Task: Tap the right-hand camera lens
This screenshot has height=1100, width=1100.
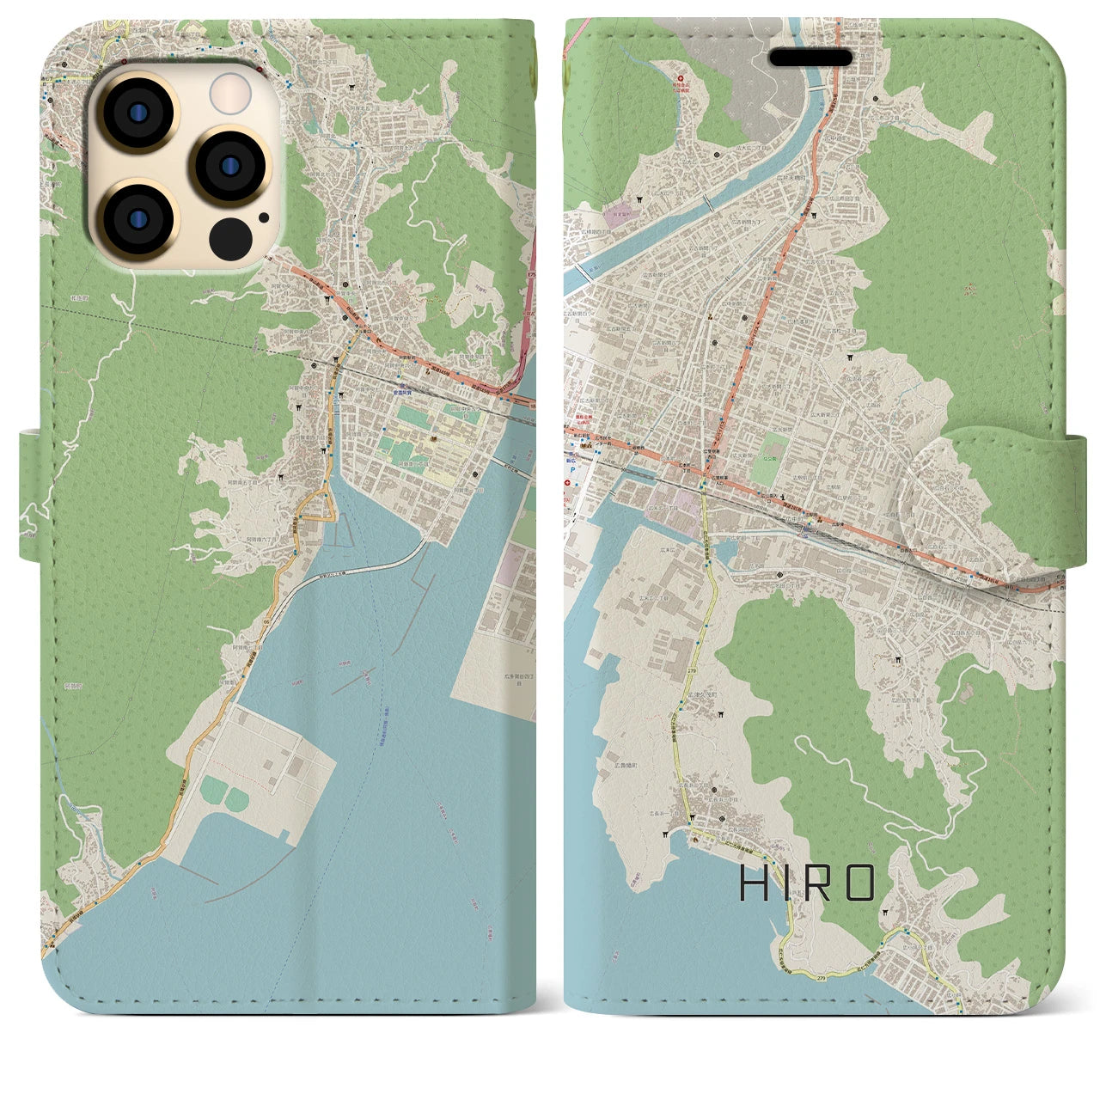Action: pyautogui.click(x=229, y=166)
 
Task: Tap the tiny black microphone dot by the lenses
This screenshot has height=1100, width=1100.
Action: pyautogui.click(x=262, y=217)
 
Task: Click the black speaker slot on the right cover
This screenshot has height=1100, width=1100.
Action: pyautogui.click(x=810, y=58)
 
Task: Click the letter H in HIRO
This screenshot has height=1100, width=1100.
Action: pyautogui.click(x=753, y=883)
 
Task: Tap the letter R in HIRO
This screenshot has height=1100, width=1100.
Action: pyautogui.click(x=818, y=883)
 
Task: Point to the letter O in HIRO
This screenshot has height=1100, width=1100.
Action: pyautogui.click(x=859, y=883)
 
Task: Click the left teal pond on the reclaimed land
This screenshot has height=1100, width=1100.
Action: pyautogui.click(x=211, y=787)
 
